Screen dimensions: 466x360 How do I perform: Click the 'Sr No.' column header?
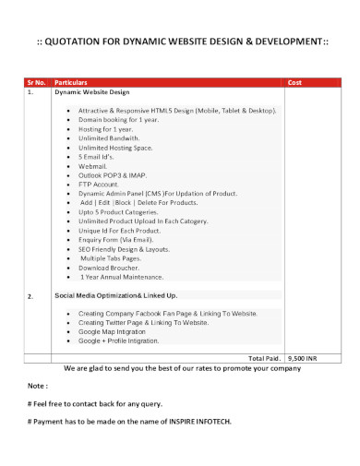(x=35, y=82)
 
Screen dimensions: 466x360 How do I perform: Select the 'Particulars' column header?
(x=74, y=82)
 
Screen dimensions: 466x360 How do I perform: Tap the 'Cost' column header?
(x=295, y=82)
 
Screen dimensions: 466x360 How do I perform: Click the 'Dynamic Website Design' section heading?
(x=92, y=92)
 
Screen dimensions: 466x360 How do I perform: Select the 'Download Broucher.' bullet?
(x=109, y=268)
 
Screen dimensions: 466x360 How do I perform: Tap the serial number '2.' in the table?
(x=30, y=296)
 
